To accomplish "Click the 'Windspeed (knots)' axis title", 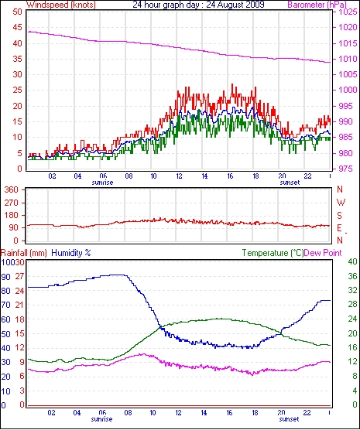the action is point(60,5).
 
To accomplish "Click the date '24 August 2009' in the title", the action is point(235,5).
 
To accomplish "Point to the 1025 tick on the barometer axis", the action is point(348,12).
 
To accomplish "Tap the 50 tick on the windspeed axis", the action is point(17,12).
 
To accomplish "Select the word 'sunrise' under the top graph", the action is point(102,183).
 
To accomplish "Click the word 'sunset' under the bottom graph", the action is point(289,419).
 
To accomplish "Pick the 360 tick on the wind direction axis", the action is point(12,189).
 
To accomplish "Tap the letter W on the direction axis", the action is point(341,203).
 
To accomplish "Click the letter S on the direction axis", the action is point(339,216).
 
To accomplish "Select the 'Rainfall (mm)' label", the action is point(24,253).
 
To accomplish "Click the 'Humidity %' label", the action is point(71,253).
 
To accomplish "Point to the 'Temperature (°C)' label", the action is point(273,253).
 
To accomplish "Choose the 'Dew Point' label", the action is point(323,253).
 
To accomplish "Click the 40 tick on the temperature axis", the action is point(352,262).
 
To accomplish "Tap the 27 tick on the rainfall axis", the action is point(19,276).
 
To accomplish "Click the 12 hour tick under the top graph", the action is point(179,176).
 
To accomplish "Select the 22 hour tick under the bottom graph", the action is point(307,413).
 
